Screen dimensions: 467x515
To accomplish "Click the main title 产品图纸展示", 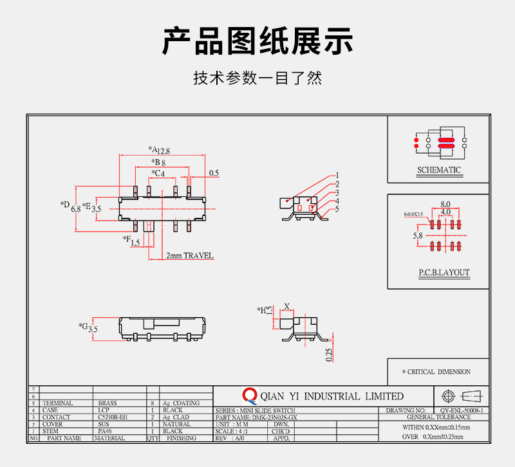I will coord(257,42).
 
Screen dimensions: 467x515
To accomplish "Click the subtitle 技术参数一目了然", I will coord(257,78).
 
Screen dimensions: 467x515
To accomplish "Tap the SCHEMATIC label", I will coord(439,170).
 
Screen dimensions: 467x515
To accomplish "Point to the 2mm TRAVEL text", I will coord(189,255).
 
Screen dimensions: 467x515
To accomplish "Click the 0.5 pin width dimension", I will coord(214,173).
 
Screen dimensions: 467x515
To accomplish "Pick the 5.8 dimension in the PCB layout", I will coord(418,236).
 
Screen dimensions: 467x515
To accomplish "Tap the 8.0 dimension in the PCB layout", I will coord(445,204).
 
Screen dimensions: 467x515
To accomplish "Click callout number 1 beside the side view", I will coord(337,175).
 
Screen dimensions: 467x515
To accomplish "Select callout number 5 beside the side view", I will coord(337,209).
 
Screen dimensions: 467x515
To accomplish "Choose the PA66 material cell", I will coord(105,431).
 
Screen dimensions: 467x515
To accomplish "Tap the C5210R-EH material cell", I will coord(113,417).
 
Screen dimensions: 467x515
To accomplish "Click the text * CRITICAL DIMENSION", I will coord(437,372).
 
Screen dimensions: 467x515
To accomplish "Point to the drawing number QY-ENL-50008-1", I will coord(462,410).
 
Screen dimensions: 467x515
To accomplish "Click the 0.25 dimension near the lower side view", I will coord(328,354).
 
